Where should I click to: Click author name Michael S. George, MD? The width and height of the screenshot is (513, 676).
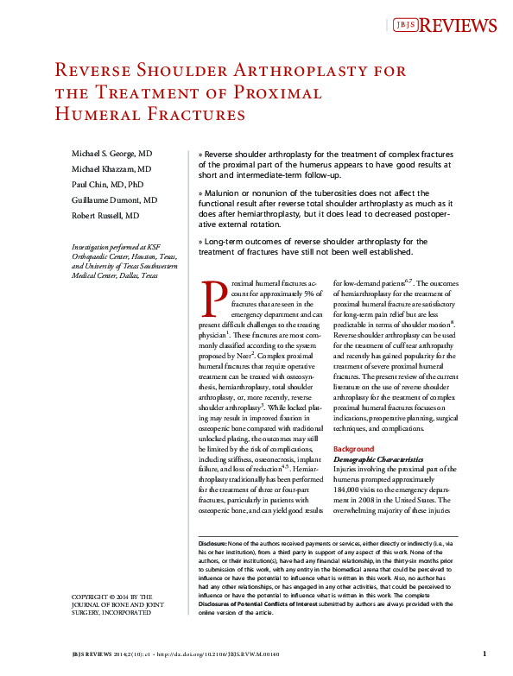pos(113,153)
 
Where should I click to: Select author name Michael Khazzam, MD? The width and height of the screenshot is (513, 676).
pos(111,168)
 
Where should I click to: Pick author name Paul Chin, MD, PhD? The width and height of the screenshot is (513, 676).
pos(107,184)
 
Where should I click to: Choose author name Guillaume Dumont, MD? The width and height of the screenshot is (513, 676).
pos(114,199)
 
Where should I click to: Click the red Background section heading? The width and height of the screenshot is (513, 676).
pos(354,449)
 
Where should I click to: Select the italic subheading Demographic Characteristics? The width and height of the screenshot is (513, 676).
pos(378,460)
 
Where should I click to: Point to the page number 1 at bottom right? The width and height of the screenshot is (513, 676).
pos(484,654)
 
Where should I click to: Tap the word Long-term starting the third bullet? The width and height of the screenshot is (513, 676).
pos(226,241)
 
